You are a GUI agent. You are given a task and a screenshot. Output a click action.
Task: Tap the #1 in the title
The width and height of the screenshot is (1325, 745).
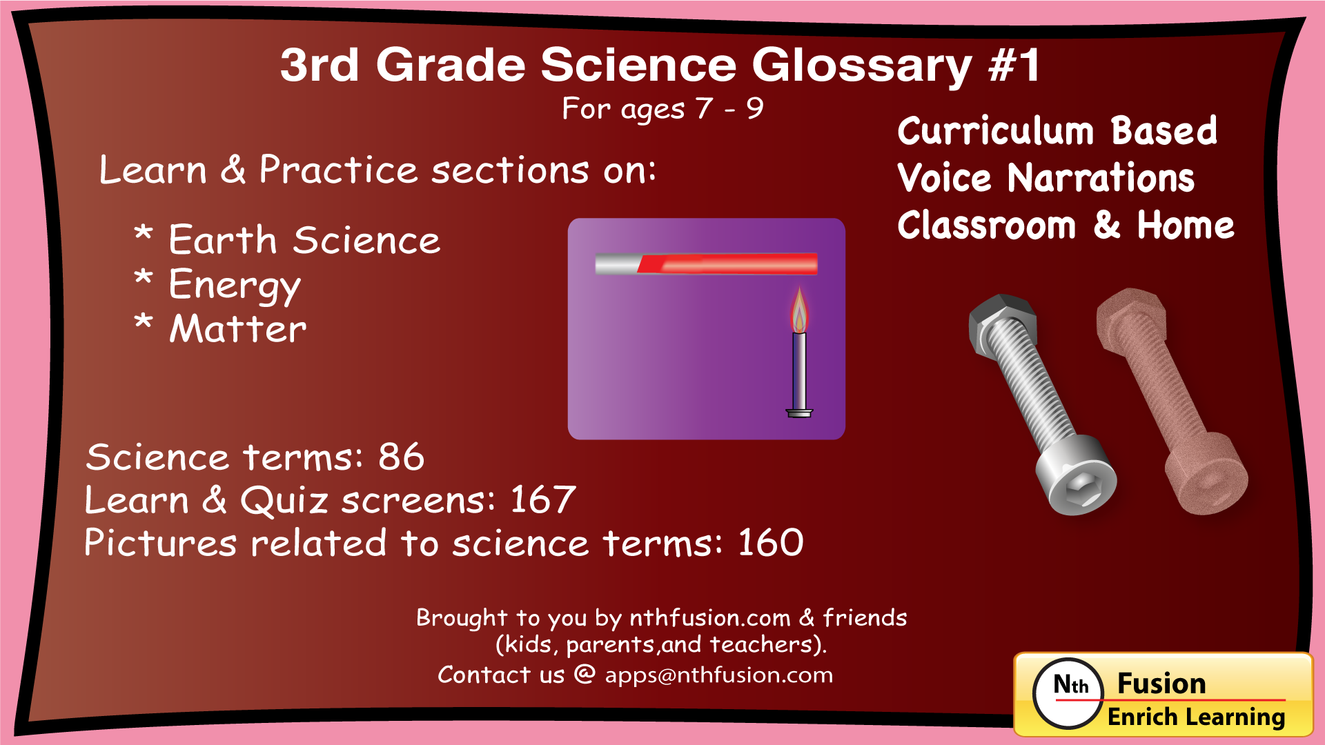click(x=1014, y=66)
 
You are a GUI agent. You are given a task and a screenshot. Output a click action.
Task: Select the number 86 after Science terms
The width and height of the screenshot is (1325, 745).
click(x=401, y=457)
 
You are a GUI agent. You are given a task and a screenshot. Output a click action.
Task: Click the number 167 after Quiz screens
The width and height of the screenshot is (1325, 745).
click(x=542, y=499)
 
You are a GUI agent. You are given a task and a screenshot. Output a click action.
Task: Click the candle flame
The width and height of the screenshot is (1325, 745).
click(x=799, y=312)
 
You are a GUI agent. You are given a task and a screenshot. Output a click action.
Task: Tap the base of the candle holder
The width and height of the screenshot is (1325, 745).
click(x=799, y=413)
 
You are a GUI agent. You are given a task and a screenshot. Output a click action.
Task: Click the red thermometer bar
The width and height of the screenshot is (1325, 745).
click(x=727, y=264)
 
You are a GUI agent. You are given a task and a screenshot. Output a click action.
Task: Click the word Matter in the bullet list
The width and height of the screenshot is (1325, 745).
click(x=238, y=328)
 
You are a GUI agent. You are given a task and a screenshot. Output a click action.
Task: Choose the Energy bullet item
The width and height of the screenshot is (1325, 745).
click(x=235, y=285)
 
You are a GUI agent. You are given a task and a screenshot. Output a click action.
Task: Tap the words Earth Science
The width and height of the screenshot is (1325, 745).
click(x=304, y=240)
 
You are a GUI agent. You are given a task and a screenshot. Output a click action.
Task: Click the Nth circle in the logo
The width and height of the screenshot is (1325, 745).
click(x=1069, y=693)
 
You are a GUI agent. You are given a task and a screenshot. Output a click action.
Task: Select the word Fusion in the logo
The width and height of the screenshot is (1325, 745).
click(x=1161, y=684)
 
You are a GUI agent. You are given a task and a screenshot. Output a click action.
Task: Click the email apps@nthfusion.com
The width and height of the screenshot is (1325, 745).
click(x=718, y=675)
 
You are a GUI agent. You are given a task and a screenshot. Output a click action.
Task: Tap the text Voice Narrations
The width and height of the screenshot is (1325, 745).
click(x=1046, y=178)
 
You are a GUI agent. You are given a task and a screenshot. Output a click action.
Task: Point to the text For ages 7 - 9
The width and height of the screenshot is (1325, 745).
click(x=662, y=108)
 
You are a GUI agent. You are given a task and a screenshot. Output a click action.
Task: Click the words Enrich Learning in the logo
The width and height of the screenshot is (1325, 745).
click(x=1196, y=717)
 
